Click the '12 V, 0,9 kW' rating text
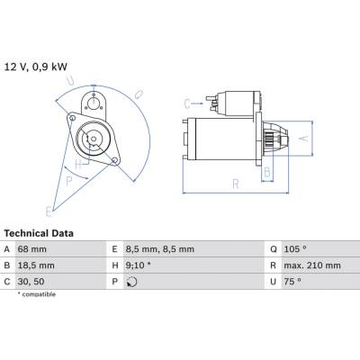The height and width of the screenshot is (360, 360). tap(36, 67)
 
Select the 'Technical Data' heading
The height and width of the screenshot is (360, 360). tap(39, 233)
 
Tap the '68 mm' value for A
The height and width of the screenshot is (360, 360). tap(32, 249)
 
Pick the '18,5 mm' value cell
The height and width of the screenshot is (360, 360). tap(36, 265)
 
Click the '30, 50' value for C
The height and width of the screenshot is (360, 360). tap(31, 282)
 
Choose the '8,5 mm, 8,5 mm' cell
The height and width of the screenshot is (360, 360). tap(160, 249)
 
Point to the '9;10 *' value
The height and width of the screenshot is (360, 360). tap(139, 265)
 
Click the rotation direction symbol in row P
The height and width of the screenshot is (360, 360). tap(131, 282)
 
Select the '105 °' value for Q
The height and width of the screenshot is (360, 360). tap(295, 249)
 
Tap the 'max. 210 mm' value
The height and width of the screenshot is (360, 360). tap(312, 265)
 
